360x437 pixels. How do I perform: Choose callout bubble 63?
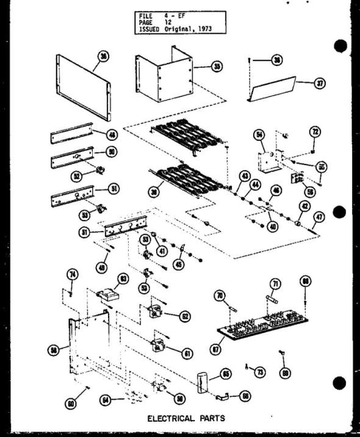coord(124,279)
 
